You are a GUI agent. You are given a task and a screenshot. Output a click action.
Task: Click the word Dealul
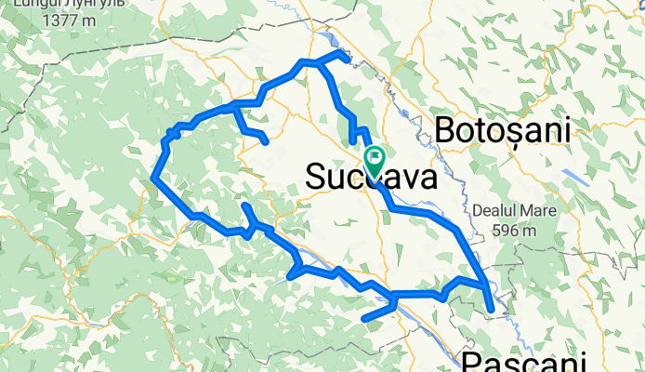(x=497, y=211)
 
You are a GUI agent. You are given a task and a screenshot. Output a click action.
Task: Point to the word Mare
(x=540, y=211)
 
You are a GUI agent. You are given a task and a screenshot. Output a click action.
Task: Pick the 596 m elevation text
(x=515, y=230)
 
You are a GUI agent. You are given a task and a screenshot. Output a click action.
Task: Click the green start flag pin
(x=375, y=160)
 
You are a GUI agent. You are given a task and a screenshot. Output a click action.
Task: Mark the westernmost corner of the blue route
(x=152, y=176)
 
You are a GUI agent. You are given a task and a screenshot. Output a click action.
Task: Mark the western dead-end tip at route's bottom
(x=363, y=319)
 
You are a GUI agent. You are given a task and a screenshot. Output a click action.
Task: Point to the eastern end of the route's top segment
(x=348, y=60)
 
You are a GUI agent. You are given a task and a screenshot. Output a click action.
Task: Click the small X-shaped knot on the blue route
(x=171, y=139)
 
